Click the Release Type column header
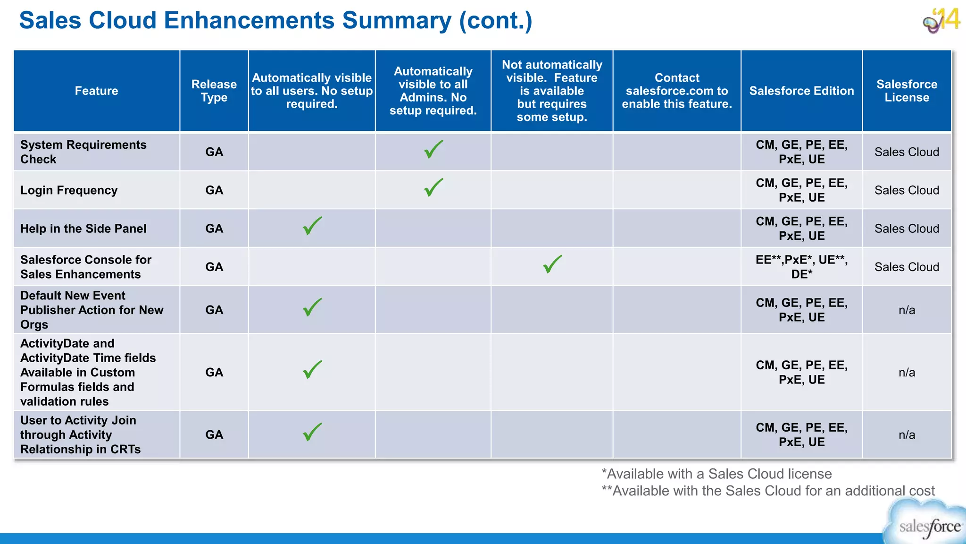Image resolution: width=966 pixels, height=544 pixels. point(214,91)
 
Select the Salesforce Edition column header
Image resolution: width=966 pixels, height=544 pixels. point(801,91)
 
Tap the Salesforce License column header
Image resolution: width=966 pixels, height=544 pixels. point(907,91)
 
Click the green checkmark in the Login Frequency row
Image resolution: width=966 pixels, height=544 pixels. point(433,187)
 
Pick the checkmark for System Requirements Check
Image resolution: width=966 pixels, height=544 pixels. point(433,149)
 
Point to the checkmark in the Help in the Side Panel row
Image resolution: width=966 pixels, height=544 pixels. point(312,226)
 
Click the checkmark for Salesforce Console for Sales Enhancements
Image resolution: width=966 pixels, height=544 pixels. point(552,264)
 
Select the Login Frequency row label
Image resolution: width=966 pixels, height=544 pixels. point(69,190)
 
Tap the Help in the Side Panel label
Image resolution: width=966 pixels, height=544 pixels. point(83,229)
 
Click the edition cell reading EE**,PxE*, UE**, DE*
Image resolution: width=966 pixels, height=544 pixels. point(801,267)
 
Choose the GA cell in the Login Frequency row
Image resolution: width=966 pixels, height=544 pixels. point(214,190)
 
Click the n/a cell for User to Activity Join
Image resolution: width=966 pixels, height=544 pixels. point(907,435)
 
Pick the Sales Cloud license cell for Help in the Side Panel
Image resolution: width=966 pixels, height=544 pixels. point(907,229)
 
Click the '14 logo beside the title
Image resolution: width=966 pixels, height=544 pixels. point(941,20)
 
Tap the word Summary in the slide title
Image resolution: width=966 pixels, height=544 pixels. point(397,21)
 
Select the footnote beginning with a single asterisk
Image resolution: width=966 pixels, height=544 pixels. point(716,474)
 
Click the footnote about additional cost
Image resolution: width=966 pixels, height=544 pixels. point(768,491)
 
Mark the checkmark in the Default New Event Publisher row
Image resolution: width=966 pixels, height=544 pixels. point(312,307)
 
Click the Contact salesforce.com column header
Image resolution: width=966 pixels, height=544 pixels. point(676,91)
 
